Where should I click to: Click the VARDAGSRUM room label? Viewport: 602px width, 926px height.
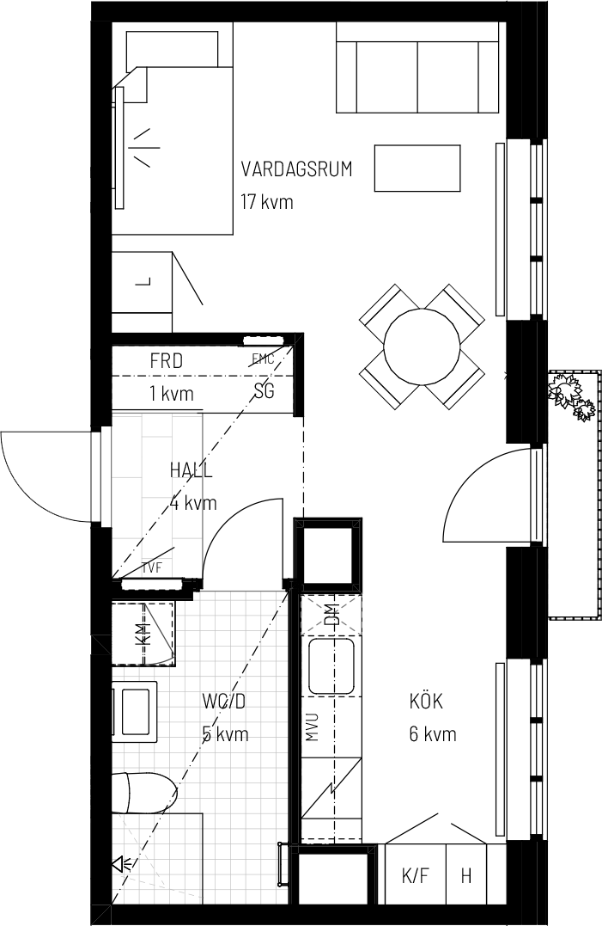pos(296,169)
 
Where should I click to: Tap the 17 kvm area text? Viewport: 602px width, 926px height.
pos(266,202)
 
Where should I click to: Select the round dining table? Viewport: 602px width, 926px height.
pos(422,346)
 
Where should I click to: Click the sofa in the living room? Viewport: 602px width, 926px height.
pos(418,67)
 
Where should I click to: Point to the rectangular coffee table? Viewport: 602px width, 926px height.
pos(417,168)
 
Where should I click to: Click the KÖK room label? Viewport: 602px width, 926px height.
pos(426,702)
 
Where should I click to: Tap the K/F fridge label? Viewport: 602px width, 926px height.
pos(415,876)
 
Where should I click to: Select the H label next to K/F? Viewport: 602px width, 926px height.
pos(466,876)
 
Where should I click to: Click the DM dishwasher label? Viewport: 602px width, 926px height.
pos(332,616)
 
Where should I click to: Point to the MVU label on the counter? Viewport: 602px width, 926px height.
pos(312,727)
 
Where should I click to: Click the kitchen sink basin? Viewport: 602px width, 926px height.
pos(331,666)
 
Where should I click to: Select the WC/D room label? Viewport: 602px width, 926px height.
pos(223,702)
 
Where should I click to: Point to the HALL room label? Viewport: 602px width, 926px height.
pos(191,470)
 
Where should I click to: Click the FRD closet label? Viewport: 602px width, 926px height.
pos(167,361)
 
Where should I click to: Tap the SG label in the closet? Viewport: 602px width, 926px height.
pos(265,390)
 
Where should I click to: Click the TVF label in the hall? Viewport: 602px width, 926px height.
pos(151,568)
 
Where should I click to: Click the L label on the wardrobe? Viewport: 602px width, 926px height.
pos(144,282)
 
